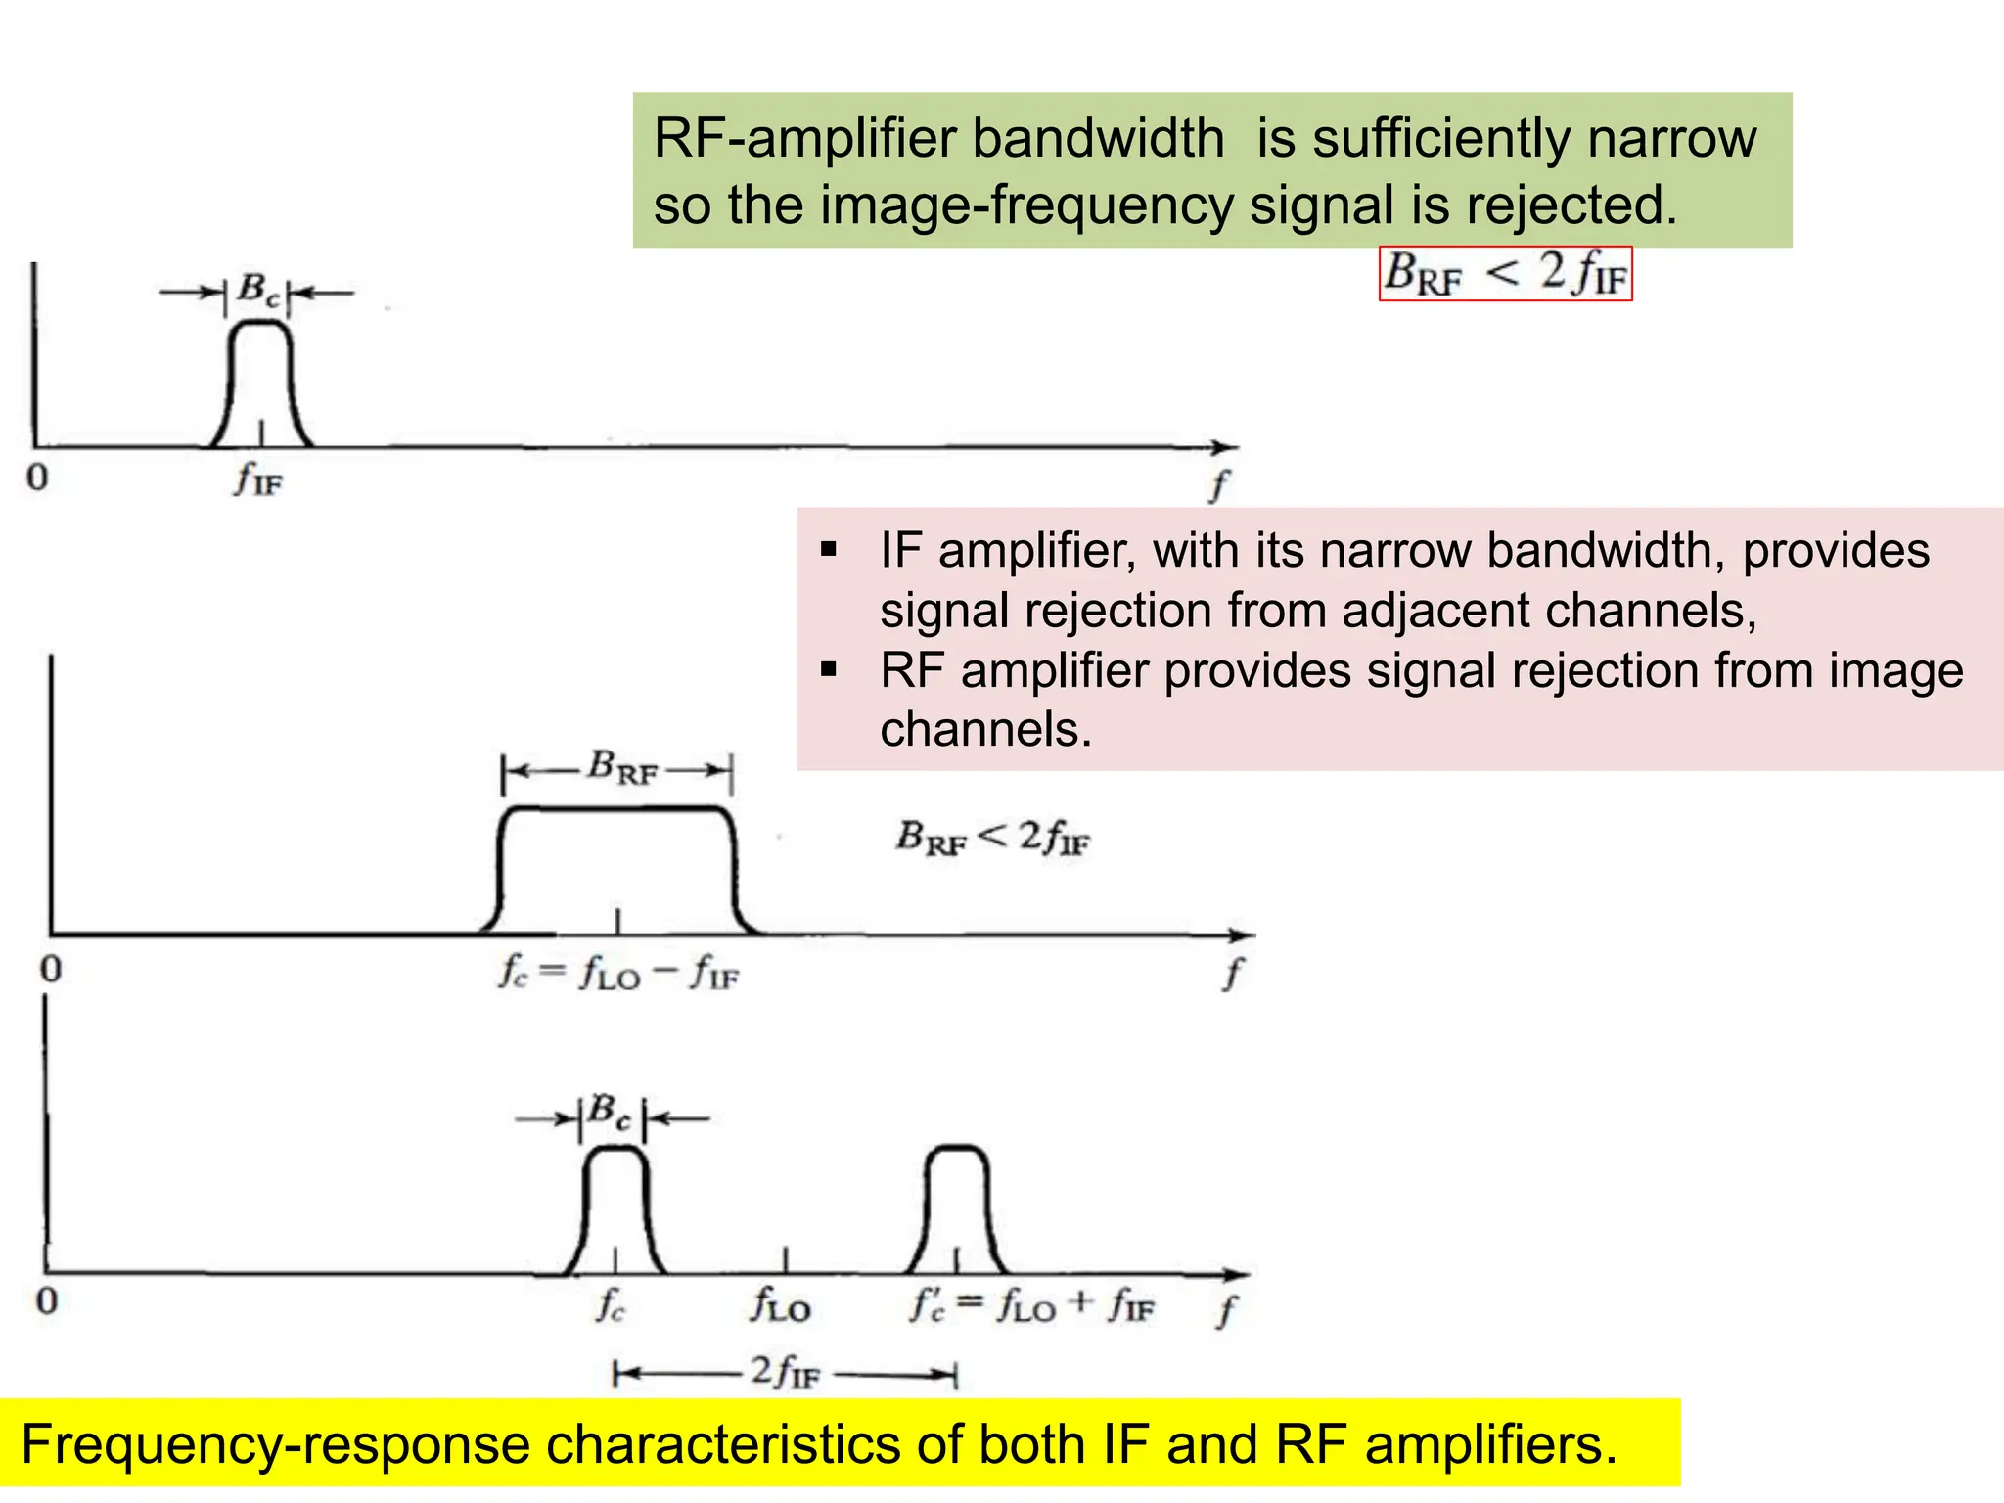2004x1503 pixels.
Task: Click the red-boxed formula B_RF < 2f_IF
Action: coord(1505,273)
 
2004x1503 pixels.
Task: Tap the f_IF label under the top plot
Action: coord(258,479)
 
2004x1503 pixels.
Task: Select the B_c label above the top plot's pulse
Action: coord(258,290)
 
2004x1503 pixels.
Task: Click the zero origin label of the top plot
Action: coord(37,478)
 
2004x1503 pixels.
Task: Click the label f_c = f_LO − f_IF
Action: coord(618,974)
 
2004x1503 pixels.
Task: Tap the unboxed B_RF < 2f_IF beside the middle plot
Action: coord(992,838)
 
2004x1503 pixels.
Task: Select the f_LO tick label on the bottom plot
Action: coord(781,1306)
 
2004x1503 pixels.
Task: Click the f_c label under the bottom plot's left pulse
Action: coord(610,1304)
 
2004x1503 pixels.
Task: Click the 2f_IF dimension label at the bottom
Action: coord(784,1372)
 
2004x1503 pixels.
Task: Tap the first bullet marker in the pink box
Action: coord(830,550)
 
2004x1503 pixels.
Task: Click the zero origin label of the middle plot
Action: coord(51,969)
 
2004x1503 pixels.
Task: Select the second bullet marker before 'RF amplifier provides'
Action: coord(830,670)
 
